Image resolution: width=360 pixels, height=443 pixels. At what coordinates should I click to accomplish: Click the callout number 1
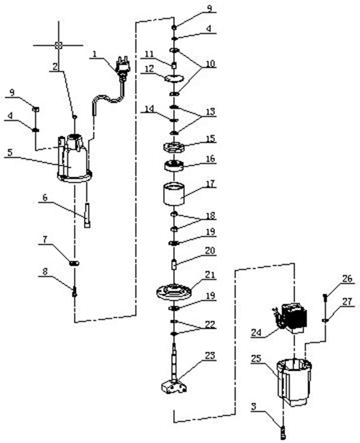tap(94, 54)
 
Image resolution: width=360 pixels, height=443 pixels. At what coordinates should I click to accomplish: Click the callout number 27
tap(347, 301)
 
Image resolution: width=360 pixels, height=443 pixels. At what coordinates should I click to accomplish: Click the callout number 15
tap(211, 138)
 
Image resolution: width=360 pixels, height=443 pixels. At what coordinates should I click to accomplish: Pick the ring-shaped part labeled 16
tap(174, 166)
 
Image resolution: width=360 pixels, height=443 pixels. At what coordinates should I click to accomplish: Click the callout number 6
tap(45, 197)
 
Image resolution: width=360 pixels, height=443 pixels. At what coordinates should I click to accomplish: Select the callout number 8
tap(45, 271)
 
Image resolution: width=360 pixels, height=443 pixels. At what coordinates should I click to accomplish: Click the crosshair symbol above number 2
tap(58, 45)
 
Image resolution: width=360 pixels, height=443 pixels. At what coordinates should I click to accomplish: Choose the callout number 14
tap(150, 109)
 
